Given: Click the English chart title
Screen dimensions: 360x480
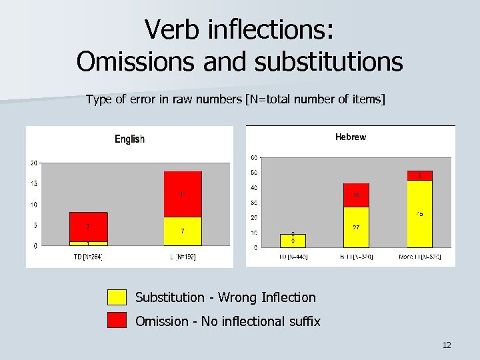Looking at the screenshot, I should click(x=129, y=139).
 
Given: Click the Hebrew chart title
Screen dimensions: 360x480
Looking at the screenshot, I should click(x=350, y=137).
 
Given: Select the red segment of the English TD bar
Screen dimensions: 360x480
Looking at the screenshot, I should click(x=88, y=227).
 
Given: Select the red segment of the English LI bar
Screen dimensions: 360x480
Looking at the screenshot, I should click(x=182, y=194).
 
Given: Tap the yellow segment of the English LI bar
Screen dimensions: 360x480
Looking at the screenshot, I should click(x=182, y=231).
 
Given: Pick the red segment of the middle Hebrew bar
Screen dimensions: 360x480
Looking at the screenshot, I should click(x=357, y=195).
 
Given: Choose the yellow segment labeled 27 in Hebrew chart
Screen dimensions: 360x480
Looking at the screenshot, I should click(x=357, y=227).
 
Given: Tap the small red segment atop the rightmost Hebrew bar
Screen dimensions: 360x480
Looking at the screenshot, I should click(x=419, y=175).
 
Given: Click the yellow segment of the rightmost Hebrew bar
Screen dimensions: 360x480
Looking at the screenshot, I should click(x=419, y=213).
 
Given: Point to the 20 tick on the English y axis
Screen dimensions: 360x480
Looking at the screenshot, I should click(x=33, y=163).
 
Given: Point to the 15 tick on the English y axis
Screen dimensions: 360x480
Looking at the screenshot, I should click(x=33, y=183).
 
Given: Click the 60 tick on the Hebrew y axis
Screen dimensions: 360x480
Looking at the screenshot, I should click(x=255, y=158).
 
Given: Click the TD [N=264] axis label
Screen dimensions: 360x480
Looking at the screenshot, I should click(x=87, y=257).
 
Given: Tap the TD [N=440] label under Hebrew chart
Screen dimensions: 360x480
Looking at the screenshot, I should click(x=293, y=257).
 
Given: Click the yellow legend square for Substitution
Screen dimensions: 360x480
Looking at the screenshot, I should click(x=117, y=297).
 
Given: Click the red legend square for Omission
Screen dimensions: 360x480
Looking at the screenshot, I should click(x=117, y=321).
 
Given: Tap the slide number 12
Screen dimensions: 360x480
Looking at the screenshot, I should click(x=447, y=345).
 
